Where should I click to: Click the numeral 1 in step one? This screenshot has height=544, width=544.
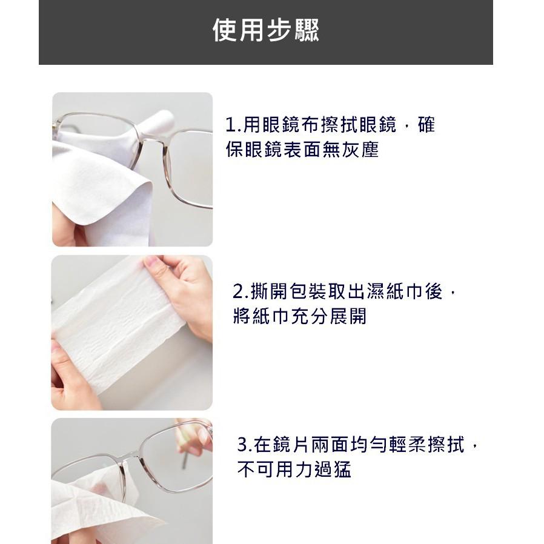(230, 126)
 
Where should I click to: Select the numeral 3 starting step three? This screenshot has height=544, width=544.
(242, 445)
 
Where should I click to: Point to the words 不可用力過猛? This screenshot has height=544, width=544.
(294, 469)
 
